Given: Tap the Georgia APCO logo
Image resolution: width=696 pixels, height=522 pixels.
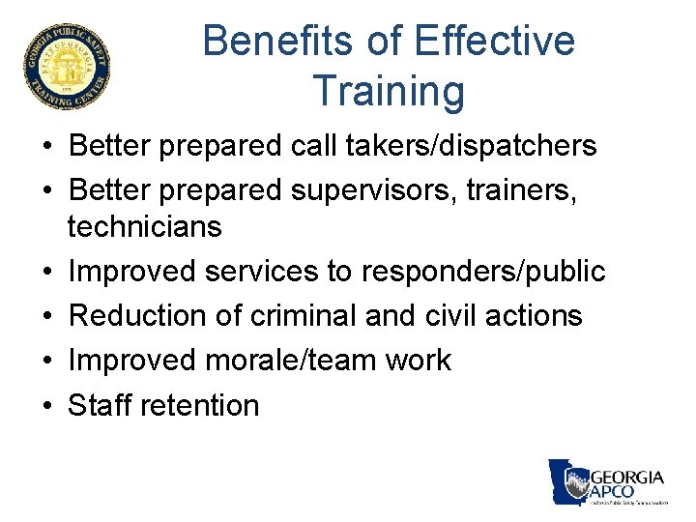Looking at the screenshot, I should [x=608, y=481].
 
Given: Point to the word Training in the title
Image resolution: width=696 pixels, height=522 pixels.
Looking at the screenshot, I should [x=389, y=91].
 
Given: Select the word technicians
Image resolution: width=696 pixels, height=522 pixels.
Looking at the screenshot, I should [x=144, y=227].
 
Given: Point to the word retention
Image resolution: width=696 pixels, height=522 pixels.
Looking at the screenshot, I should [x=200, y=405].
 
